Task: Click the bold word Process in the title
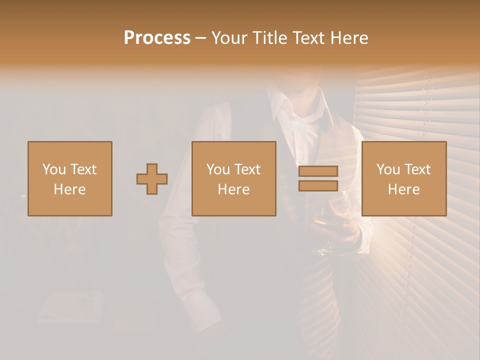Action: pos(157,38)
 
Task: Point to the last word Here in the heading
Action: pos(349,38)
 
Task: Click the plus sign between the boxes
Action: pos(152,179)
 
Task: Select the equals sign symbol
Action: pos(318,178)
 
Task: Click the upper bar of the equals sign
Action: pos(318,171)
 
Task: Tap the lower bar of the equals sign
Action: pos(318,185)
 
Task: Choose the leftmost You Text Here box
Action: pos(70,178)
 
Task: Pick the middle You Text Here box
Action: pos(234,178)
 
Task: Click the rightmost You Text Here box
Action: pos(404,178)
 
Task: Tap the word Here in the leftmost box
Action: pos(70,189)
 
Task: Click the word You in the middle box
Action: pos(218,169)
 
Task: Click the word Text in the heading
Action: pos(308,38)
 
